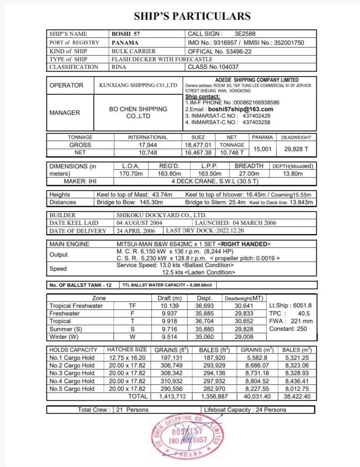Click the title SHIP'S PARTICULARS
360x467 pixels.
pyautogui.click(x=192, y=16)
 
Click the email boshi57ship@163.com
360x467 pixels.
pyautogui.click(x=240, y=109)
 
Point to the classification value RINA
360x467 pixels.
pyautogui.click(x=119, y=67)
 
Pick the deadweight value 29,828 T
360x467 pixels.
pyautogui.click(x=296, y=149)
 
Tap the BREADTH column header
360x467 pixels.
pyautogui.click(x=249, y=166)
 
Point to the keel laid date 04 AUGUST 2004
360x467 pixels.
pyautogui.click(x=139, y=223)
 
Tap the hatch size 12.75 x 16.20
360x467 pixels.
pyautogui.click(x=127, y=358)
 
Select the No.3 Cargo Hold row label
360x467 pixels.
pyautogui.click(x=72, y=374)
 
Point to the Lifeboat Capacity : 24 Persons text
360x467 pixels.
pyautogui.click(x=245, y=410)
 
